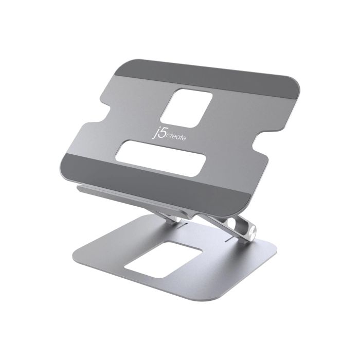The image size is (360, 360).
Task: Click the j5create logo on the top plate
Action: pos(169,134)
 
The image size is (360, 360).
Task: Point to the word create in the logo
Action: pos(176,137)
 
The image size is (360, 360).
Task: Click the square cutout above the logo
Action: pos(186,108)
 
